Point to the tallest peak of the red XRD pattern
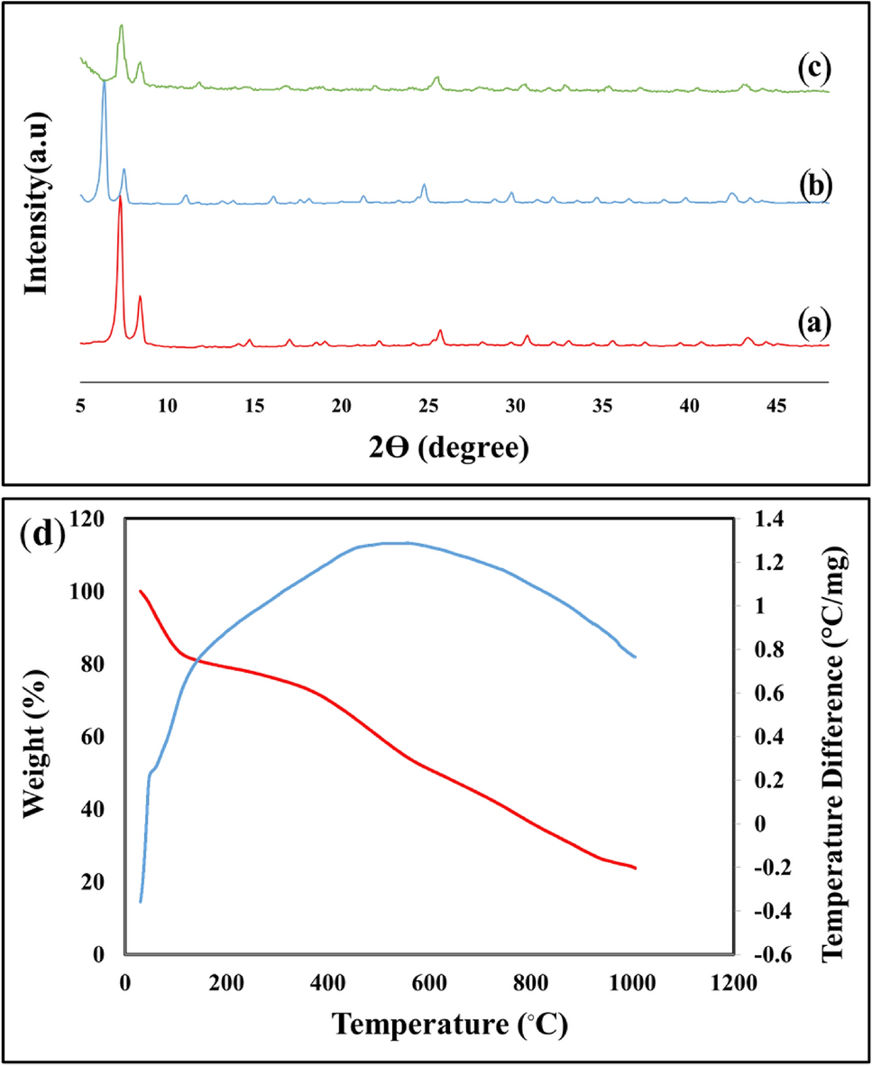click(x=120, y=196)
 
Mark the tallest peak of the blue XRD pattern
click(x=105, y=82)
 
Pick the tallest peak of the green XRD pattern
click(x=121, y=26)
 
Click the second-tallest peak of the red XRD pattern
click(x=140, y=297)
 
